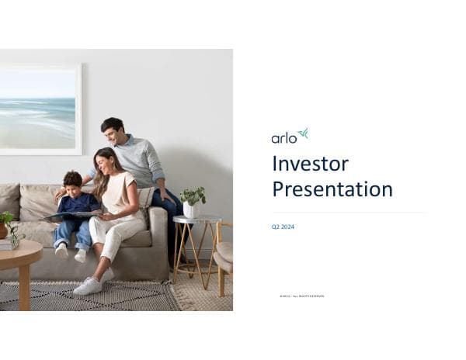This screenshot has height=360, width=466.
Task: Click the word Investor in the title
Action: point(310,164)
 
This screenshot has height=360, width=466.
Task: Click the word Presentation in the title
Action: point(332,189)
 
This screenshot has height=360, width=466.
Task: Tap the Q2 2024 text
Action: point(283,227)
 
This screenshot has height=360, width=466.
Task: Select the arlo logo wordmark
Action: point(283,138)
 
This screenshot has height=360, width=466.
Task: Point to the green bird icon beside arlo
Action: point(303,133)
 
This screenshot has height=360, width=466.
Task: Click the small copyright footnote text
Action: point(301,296)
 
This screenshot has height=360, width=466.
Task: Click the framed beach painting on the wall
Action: point(39,109)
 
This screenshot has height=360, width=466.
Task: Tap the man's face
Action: point(114,131)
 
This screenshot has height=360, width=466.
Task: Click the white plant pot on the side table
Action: point(190,210)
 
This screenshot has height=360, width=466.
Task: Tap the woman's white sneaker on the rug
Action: point(88,286)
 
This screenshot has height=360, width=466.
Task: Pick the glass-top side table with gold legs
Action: point(196,241)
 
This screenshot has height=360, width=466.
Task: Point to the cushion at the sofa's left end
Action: point(9,200)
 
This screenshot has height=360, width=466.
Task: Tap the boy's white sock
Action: point(61,250)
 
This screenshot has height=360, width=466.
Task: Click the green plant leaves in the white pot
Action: point(192,196)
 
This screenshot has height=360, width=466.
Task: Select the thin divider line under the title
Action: point(348,213)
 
